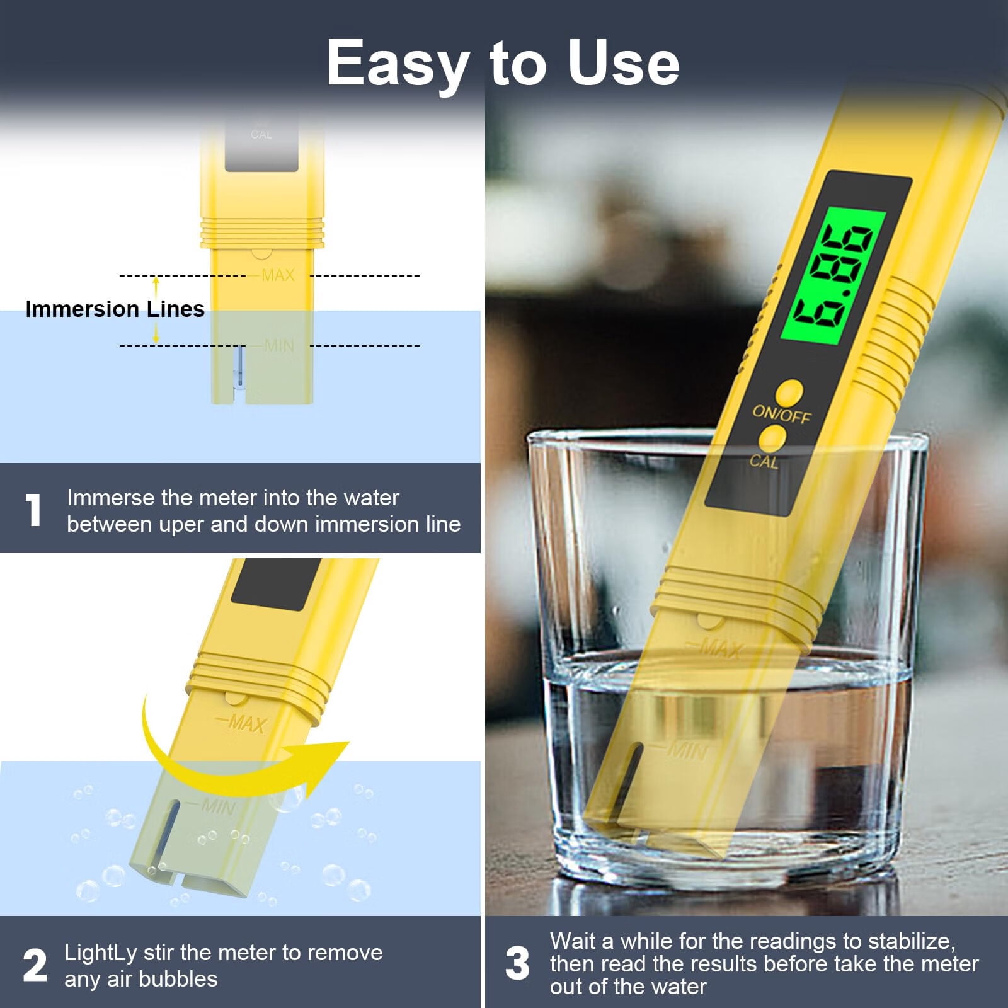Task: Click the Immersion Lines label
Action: [x=115, y=309]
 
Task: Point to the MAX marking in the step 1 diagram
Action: [x=278, y=275]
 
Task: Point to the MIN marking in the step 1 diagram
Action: [x=279, y=345]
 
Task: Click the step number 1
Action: [x=33, y=509]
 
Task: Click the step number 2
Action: [x=35, y=965]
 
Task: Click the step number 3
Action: [x=517, y=963]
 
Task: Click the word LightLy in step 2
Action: [x=100, y=953]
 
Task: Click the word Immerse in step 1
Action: [x=111, y=498]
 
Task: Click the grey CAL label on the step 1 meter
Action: [x=261, y=134]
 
